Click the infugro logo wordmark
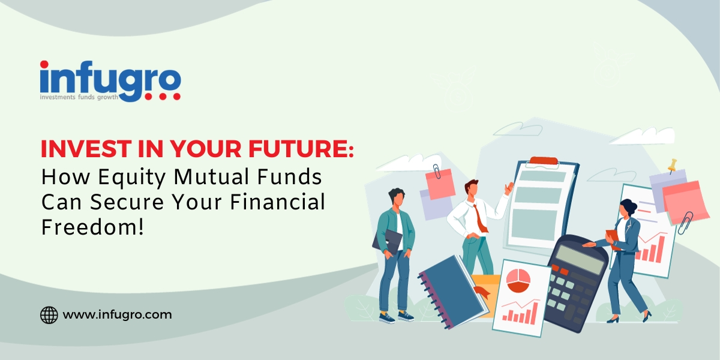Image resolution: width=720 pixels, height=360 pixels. pos(110,81)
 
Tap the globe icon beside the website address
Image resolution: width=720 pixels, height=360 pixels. pos(49,314)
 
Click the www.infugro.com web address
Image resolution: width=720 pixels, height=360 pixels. pos(118,314)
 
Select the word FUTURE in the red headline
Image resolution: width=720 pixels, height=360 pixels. pos(301,149)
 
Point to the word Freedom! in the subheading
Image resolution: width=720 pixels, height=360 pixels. pos(92,227)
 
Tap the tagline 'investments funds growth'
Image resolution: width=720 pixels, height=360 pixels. pos(79,97)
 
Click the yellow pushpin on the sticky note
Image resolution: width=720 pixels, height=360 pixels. pos(672,165)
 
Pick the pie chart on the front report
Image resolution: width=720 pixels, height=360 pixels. pos(518,280)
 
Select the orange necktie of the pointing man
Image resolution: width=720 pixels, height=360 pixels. pos(479,218)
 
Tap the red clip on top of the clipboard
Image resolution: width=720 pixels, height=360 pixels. pos(544,161)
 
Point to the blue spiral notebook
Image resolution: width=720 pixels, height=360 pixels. pos(453,292)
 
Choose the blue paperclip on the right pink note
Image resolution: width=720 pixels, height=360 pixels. pos(685,223)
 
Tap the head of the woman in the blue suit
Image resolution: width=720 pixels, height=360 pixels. pos(628,208)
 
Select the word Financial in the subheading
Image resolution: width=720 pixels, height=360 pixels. pos(277,202)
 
